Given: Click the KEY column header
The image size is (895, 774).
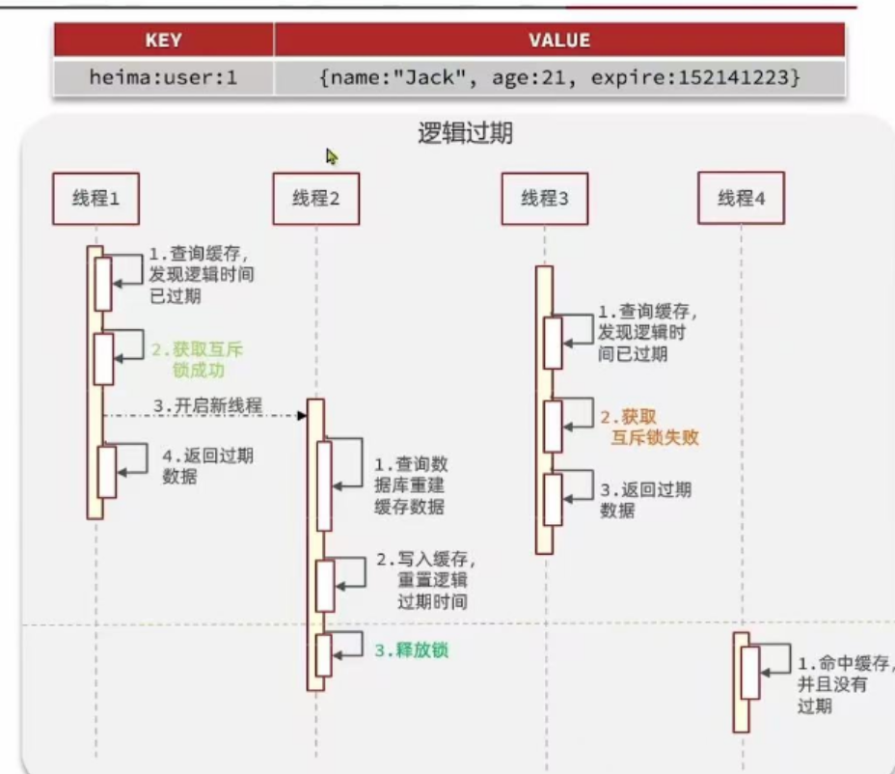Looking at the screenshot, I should click(163, 41).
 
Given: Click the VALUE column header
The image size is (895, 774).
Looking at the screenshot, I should click(559, 41).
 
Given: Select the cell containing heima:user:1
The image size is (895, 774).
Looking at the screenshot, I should click(163, 76).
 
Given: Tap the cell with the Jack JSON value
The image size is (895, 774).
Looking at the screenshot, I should click(559, 76).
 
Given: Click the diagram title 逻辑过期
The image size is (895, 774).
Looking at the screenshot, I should click(465, 133).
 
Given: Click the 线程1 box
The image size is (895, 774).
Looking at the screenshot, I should click(95, 200).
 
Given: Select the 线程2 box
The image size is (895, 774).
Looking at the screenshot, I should click(315, 200).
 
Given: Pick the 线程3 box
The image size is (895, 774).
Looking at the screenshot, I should click(545, 199).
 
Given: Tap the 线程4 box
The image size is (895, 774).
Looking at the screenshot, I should click(741, 199).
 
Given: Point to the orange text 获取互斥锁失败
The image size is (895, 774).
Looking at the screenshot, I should click(648, 428).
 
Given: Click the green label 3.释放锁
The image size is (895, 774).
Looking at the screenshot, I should click(412, 650).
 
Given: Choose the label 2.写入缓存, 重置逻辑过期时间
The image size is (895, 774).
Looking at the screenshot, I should click(425, 581).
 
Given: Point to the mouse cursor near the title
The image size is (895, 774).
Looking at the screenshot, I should click(332, 155).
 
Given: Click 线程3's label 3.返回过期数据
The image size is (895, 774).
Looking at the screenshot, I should click(645, 499).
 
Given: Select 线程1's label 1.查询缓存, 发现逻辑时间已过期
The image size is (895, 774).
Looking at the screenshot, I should click(202, 275).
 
